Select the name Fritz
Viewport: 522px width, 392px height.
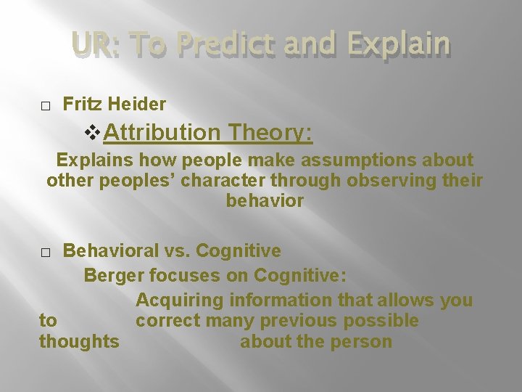tap(83, 105)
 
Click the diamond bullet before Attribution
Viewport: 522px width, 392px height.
tap(92, 132)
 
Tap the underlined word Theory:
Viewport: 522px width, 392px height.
tap(269, 132)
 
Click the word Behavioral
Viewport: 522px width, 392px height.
tap(109, 251)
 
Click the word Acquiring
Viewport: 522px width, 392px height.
tap(180, 300)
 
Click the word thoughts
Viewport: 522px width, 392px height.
tap(79, 341)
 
